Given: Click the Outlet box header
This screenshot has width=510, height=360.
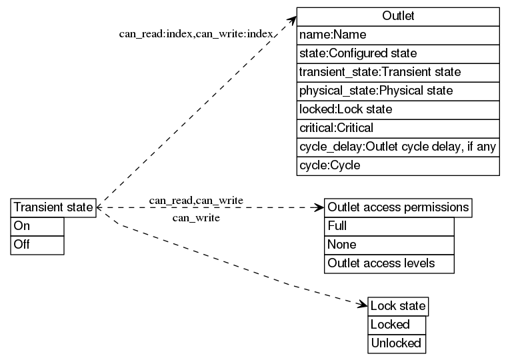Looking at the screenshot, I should [x=398, y=16].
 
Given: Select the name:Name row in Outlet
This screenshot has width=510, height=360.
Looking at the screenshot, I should [x=398, y=35].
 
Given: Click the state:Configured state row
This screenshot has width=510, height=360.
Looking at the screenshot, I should [x=398, y=53].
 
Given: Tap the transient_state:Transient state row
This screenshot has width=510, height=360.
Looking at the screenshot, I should [x=398, y=72].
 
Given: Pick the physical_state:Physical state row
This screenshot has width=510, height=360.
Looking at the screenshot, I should [x=398, y=91].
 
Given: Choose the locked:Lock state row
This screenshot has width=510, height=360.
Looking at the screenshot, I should [x=398, y=109].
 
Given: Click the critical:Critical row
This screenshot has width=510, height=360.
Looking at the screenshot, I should [x=398, y=128].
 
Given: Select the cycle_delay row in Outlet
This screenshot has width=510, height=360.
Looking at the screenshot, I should [x=398, y=147].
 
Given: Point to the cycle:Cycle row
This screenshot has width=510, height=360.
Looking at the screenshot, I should [x=398, y=165].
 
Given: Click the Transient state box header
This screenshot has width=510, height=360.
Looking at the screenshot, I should [x=54, y=207].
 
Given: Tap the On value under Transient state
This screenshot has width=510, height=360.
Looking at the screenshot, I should [x=37, y=226].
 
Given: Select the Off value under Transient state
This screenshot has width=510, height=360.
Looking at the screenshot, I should [x=37, y=245].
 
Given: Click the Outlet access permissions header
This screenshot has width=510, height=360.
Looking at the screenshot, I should [x=398, y=207].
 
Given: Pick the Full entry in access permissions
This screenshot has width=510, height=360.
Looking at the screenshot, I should [x=389, y=226].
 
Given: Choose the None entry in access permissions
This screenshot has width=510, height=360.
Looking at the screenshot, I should [x=389, y=245].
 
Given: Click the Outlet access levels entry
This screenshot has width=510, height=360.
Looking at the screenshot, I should [x=389, y=263].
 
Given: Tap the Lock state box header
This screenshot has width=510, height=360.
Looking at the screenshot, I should [x=398, y=306].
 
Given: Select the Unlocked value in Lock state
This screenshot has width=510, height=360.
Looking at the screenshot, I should [x=397, y=343].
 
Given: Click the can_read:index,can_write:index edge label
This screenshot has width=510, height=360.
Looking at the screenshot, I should [x=196, y=33].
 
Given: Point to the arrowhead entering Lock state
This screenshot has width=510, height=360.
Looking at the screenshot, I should [x=363, y=306].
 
